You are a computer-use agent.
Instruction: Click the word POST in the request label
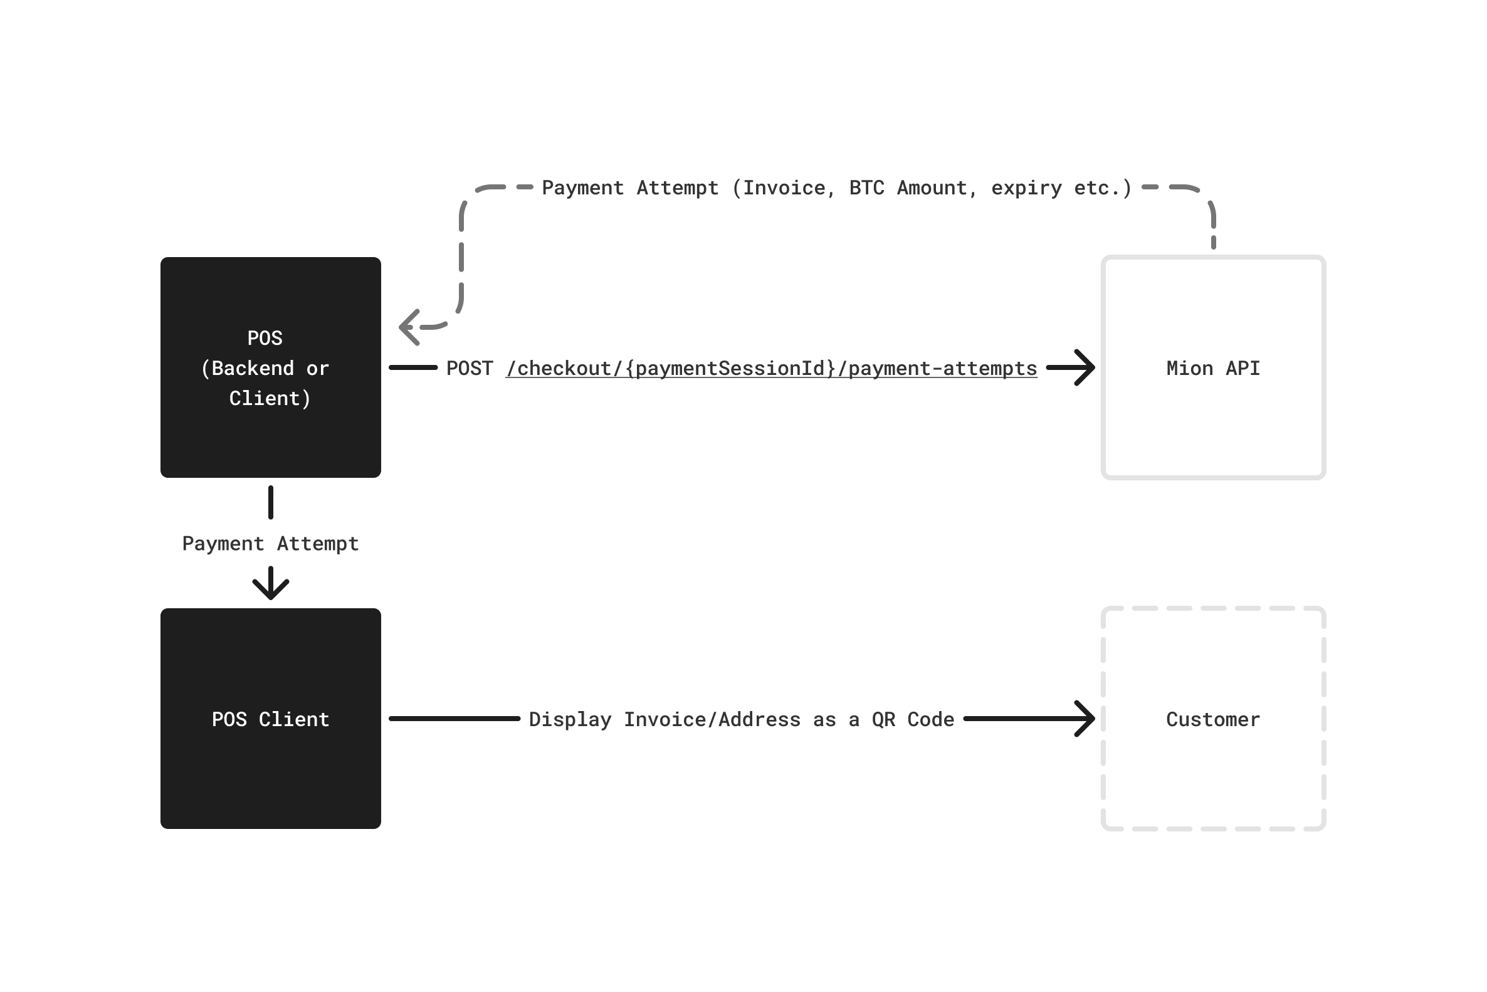(x=470, y=368)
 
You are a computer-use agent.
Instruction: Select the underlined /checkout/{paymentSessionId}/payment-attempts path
(x=772, y=369)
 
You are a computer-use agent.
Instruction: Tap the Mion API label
(x=1213, y=368)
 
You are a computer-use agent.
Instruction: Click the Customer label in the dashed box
(x=1213, y=719)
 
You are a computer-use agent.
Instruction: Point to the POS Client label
(x=271, y=719)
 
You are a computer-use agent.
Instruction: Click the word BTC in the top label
(x=866, y=188)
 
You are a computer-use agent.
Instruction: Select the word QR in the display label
(x=883, y=719)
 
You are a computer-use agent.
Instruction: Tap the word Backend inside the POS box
(x=253, y=368)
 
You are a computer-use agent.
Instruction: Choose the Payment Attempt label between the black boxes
(x=271, y=544)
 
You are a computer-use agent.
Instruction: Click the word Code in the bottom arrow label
(x=930, y=719)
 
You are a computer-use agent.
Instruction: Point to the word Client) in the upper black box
(x=270, y=399)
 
